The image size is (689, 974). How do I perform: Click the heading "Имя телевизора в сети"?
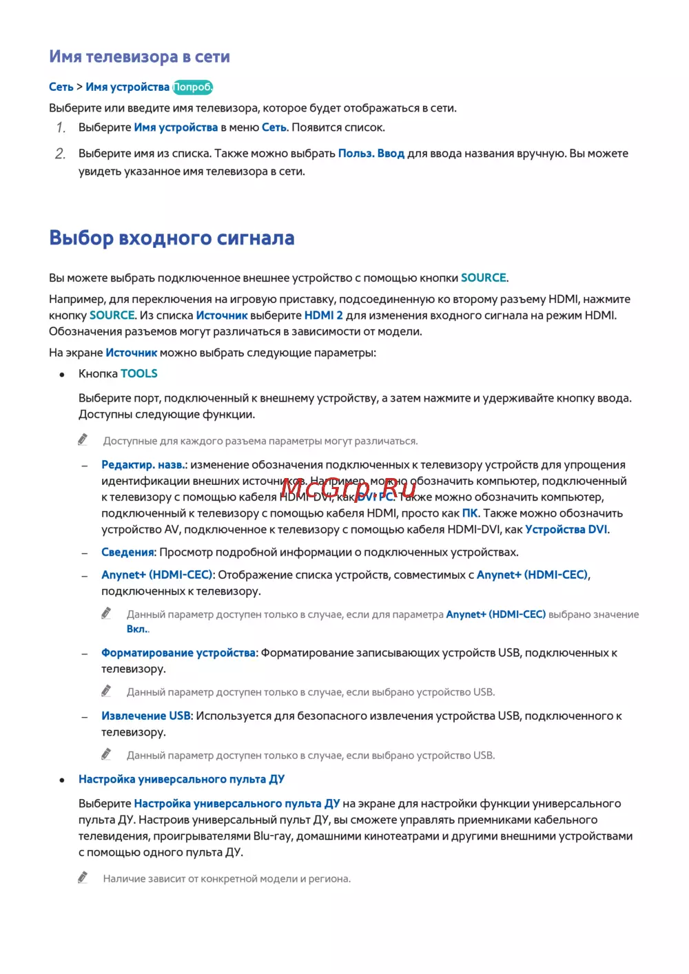point(139,57)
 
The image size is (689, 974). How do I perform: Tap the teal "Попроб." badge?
point(193,87)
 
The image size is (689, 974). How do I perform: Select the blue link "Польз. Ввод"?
point(371,154)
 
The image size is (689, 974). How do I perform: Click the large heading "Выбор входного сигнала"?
point(172,238)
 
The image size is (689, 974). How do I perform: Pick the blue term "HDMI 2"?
point(323,315)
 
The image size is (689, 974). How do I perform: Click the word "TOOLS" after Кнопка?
point(139,373)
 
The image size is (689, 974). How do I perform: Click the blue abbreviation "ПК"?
point(470,513)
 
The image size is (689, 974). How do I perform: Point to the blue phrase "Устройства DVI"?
point(566,530)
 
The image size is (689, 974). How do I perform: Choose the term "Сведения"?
point(128,552)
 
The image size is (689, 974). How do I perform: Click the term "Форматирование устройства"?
point(178,653)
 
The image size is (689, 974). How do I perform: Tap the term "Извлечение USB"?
point(146,716)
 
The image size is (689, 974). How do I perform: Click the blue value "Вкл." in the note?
point(138,629)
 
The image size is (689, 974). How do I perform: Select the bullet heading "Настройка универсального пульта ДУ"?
point(181,779)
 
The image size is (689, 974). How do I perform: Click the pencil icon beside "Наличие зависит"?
point(83,878)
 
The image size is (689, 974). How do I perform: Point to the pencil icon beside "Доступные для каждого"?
point(83,439)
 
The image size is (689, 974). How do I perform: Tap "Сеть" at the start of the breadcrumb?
point(61,87)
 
